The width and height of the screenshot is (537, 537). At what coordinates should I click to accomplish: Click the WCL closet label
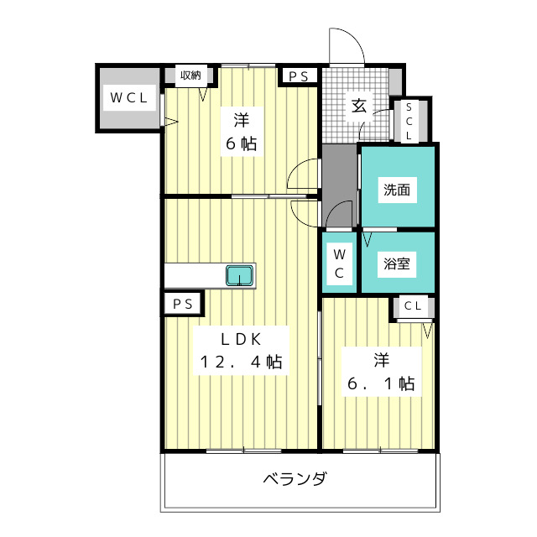coord(128,97)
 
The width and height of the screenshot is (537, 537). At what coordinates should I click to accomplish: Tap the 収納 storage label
coord(190,76)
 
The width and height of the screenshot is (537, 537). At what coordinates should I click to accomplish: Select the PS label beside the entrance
coord(298,76)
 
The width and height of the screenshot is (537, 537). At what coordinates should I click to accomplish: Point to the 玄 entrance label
coord(358,106)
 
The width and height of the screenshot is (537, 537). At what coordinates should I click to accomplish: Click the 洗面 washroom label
coord(397,190)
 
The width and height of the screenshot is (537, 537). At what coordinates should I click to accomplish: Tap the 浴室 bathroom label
coord(397,263)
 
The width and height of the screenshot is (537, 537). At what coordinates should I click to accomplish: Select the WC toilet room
coord(339,263)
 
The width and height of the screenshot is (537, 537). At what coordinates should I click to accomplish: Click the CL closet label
coord(413,306)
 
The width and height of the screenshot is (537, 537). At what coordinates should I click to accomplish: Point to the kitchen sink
coord(239,275)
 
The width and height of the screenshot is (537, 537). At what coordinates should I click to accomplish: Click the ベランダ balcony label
coord(295,480)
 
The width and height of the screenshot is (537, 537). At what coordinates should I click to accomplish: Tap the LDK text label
coord(242,339)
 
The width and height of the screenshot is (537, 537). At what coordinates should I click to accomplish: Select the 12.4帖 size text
coord(241,363)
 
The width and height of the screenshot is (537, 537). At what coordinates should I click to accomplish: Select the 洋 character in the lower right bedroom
coord(381,360)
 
